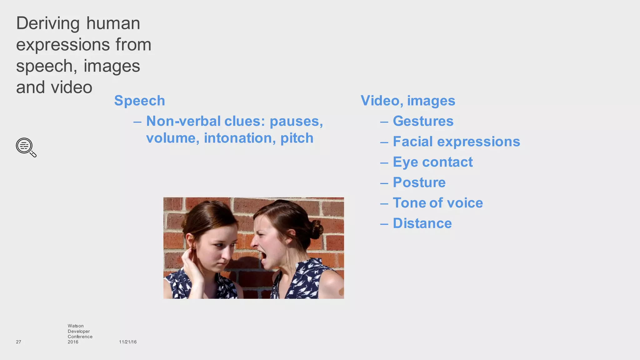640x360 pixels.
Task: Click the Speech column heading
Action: pos(139,101)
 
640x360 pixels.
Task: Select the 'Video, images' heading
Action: pos(407,101)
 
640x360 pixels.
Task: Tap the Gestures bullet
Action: pos(423,121)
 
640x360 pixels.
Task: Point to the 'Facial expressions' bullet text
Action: pos(456,142)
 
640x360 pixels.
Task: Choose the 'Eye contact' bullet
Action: pos(432,162)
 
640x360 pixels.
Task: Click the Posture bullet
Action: pos(419,182)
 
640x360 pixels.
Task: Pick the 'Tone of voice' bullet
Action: pos(437,203)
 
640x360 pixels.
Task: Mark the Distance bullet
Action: pos(422,223)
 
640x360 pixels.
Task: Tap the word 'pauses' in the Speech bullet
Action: pos(296,121)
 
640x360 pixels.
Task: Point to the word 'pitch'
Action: pos(297,138)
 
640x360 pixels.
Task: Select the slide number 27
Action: pos(18,342)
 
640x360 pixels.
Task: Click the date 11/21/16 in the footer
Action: pos(128,342)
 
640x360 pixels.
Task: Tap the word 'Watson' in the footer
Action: pos(76,326)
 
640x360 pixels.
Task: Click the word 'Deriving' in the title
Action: pos(48,23)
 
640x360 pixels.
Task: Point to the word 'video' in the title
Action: pos(72,87)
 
